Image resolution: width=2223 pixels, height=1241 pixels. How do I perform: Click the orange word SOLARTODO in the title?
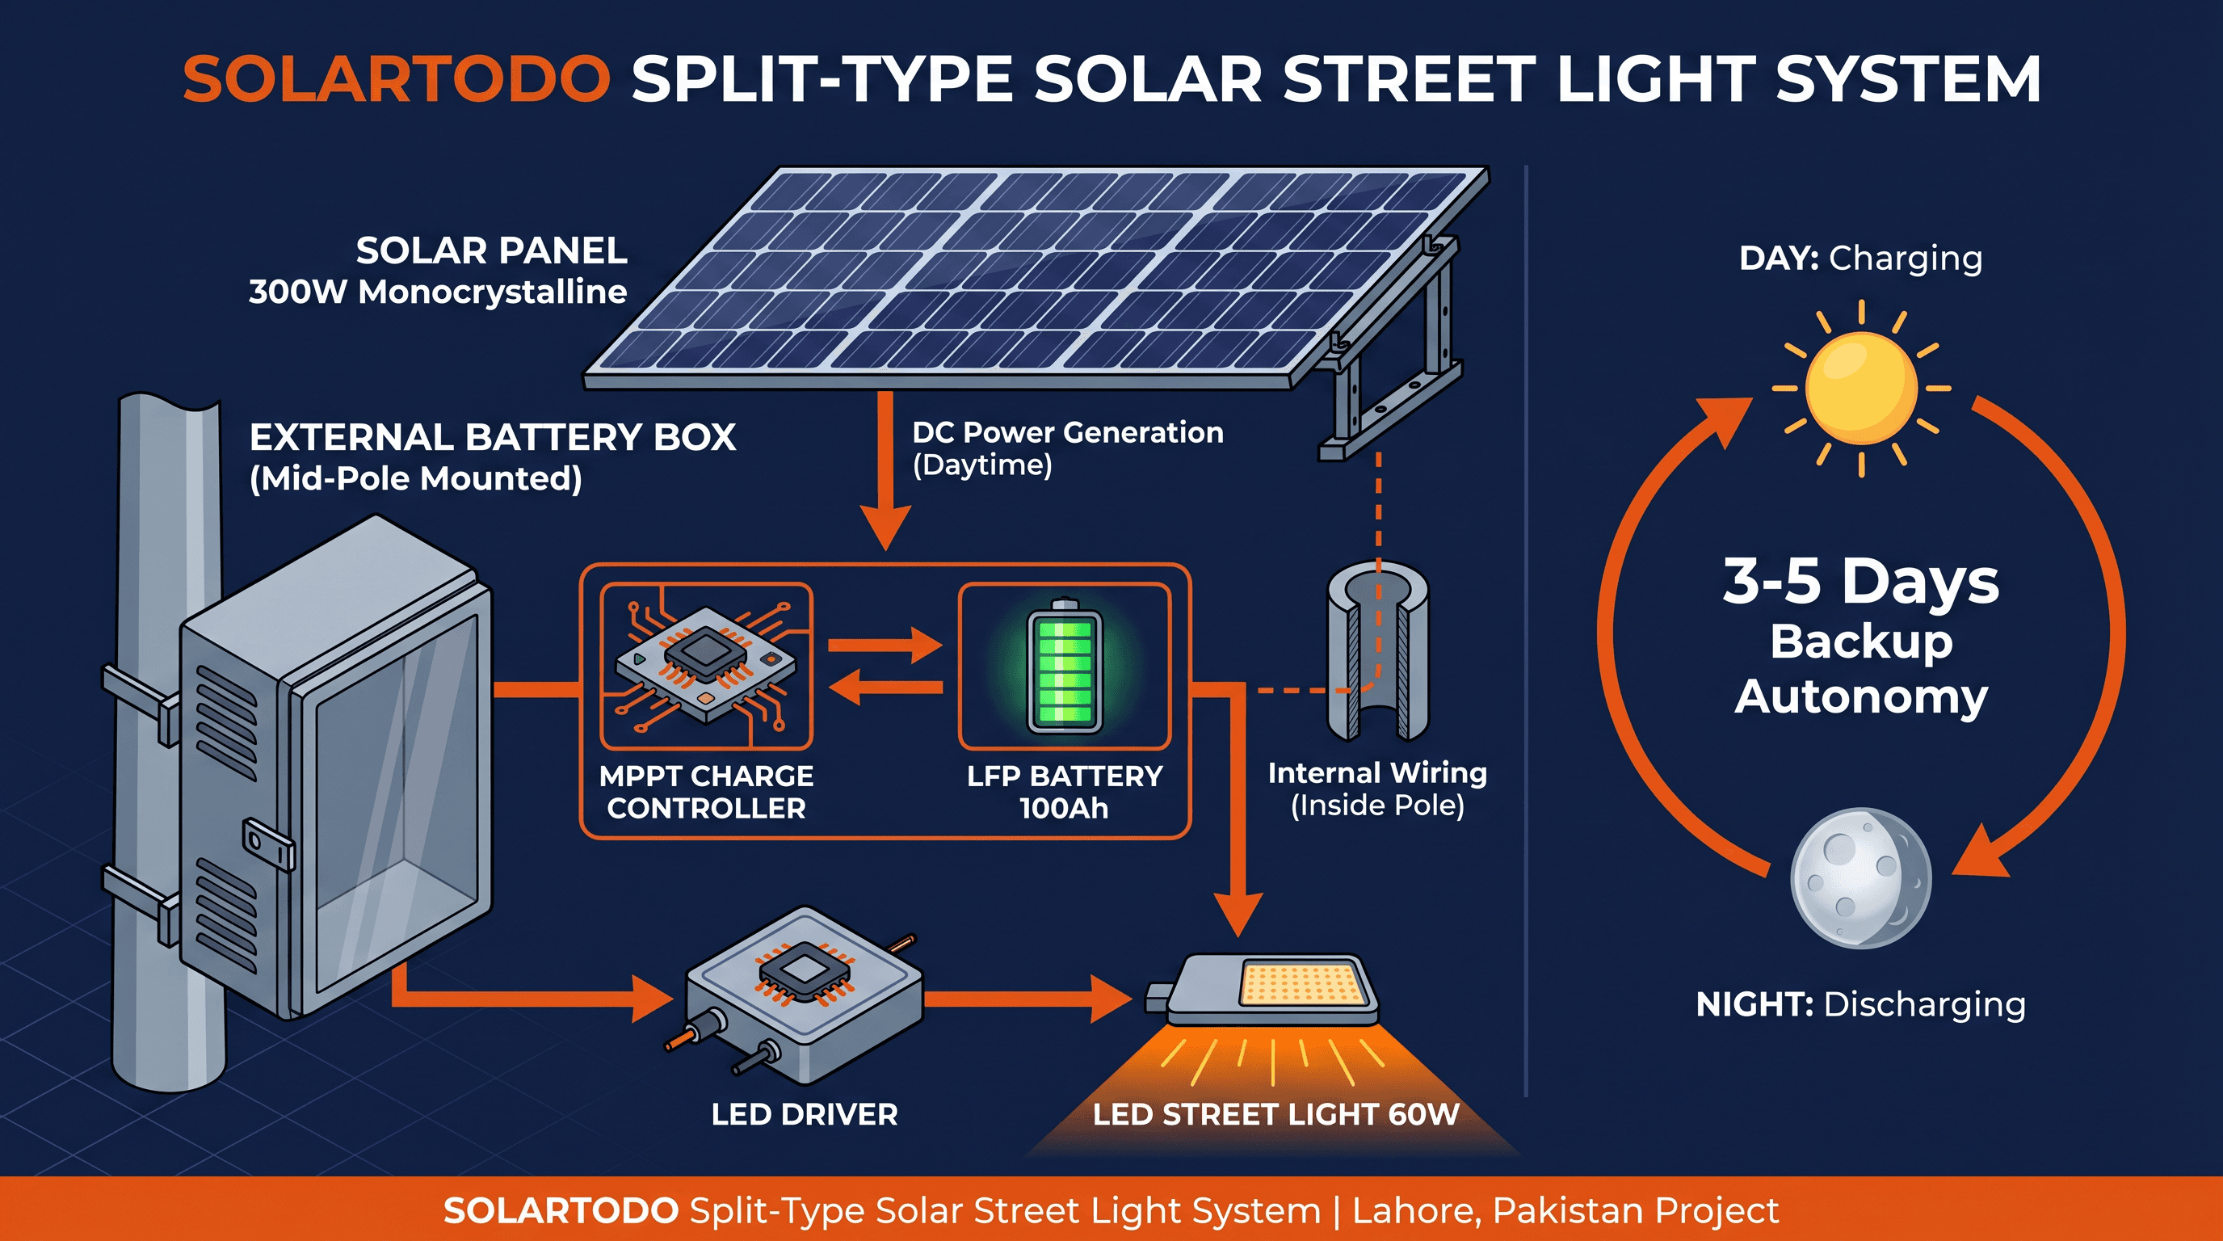coord(396,79)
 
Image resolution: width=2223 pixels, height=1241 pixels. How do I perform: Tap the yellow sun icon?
coord(1860,389)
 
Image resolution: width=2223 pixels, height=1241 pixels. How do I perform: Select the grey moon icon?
coord(1860,878)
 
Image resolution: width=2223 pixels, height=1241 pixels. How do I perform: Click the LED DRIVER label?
coord(805,1114)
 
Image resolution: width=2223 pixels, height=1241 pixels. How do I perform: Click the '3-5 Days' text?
coord(1860,580)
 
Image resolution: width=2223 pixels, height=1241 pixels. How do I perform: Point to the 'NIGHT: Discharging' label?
coord(1860,1004)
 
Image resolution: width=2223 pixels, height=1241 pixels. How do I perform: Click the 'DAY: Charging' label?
coord(1860,258)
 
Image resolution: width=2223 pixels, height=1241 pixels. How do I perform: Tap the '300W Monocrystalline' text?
coord(438,292)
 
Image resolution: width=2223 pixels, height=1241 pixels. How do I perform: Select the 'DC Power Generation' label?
coord(1068,431)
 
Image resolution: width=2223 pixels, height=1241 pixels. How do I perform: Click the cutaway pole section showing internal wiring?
coord(1378,651)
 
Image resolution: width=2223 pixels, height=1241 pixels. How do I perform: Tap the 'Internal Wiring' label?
coord(1377,772)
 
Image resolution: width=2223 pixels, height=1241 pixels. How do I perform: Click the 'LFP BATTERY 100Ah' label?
coord(1064,791)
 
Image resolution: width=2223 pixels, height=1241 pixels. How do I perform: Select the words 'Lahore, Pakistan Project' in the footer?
coord(1565,1210)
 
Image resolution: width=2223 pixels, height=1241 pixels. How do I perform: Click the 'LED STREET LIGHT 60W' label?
coord(1275,1114)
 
